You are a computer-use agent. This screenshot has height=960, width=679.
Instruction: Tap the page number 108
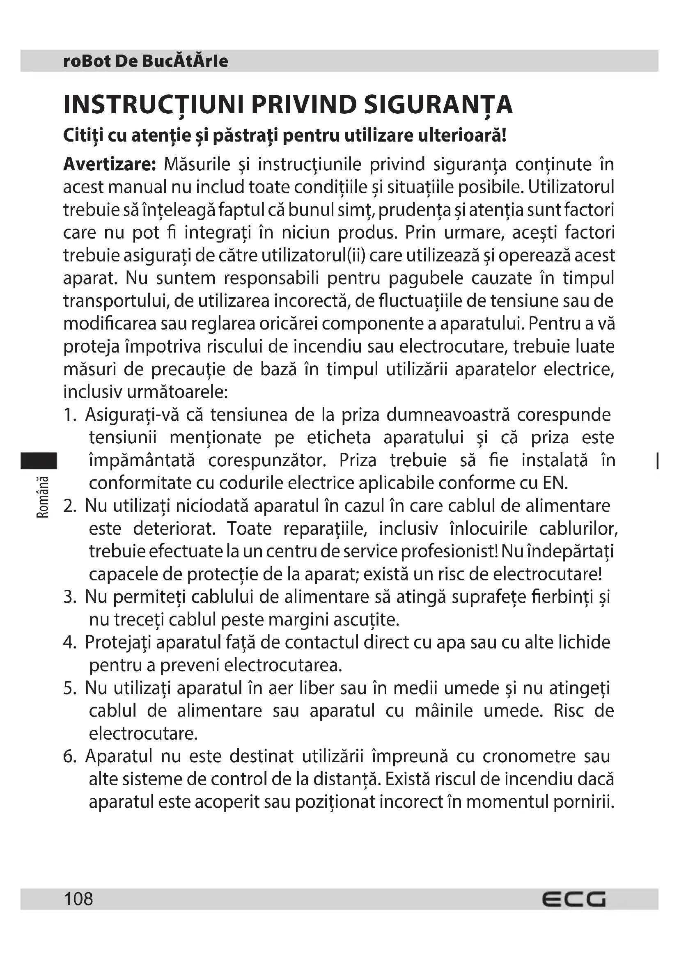tap(78, 898)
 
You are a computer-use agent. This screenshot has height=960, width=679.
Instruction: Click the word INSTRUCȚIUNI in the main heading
tap(153, 105)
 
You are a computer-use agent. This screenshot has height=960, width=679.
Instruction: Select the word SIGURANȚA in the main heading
tap(438, 105)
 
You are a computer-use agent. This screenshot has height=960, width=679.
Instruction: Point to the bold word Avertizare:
tap(110, 164)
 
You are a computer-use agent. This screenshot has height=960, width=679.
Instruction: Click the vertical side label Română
tap(43, 497)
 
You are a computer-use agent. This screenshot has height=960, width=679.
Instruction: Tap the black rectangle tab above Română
tap(39, 461)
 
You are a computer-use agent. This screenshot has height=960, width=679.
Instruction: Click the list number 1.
tap(70, 415)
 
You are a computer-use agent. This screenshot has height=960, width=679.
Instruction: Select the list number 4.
tap(70, 643)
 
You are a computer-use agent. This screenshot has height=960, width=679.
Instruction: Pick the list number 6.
tap(70, 756)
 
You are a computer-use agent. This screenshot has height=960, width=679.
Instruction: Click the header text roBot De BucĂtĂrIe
tap(145, 61)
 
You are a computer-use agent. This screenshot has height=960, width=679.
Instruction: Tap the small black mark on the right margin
tap(658, 461)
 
